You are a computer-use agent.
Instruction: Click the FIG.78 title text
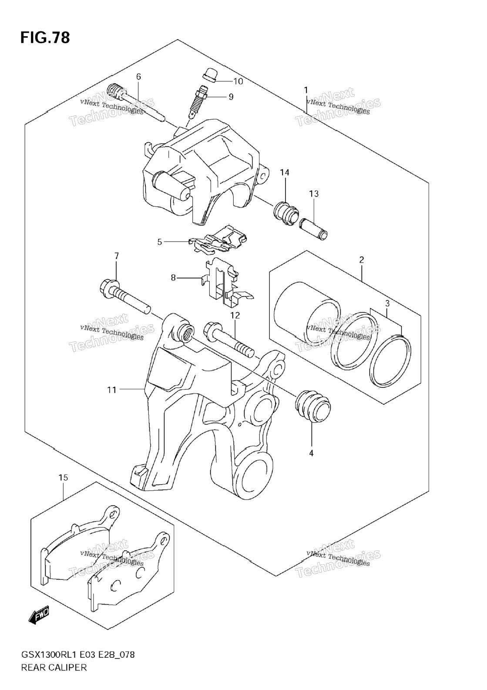(x=45, y=37)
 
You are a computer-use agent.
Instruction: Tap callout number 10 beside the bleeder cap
(x=238, y=81)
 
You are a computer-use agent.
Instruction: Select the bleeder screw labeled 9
(x=197, y=102)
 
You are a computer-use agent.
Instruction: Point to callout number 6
(x=138, y=76)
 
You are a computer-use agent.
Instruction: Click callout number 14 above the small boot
(x=285, y=172)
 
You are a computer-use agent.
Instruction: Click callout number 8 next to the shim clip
(x=173, y=278)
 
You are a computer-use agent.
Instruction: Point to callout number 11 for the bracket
(x=112, y=390)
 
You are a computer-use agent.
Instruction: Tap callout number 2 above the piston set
(x=362, y=259)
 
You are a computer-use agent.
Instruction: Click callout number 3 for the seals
(x=387, y=303)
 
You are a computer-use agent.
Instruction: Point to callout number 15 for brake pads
(x=63, y=478)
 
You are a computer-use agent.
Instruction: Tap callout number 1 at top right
(x=306, y=90)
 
